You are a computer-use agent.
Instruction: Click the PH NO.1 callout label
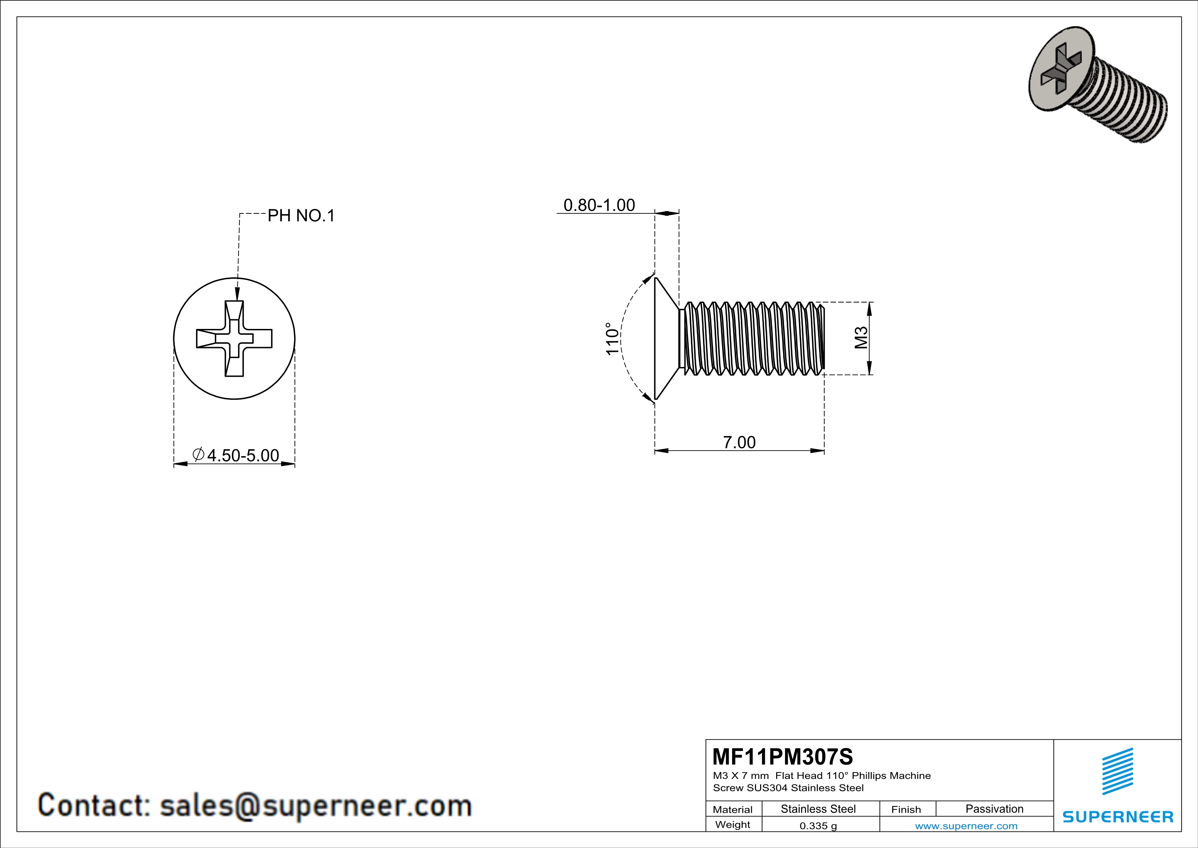(x=301, y=216)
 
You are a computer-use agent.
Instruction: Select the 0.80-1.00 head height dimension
(x=599, y=205)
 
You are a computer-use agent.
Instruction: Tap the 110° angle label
(x=612, y=339)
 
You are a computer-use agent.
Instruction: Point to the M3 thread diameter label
(x=861, y=338)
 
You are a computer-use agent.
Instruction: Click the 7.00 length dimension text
(x=739, y=442)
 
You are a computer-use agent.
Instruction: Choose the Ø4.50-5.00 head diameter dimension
(x=236, y=455)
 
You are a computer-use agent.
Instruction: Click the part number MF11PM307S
(x=782, y=756)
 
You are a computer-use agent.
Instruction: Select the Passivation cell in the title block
(x=994, y=809)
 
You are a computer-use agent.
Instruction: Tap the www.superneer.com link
(x=966, y=825)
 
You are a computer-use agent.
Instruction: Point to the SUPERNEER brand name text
(x=1118, y=817)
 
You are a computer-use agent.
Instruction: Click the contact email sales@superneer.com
(x=315, y=805)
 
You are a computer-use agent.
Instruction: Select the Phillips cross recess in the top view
(x=234, y=339)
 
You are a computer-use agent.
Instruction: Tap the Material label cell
(x=733, y=809)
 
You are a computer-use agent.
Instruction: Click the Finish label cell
(x=906, y=809)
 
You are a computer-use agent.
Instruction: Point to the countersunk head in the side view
(x=665, y=339)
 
